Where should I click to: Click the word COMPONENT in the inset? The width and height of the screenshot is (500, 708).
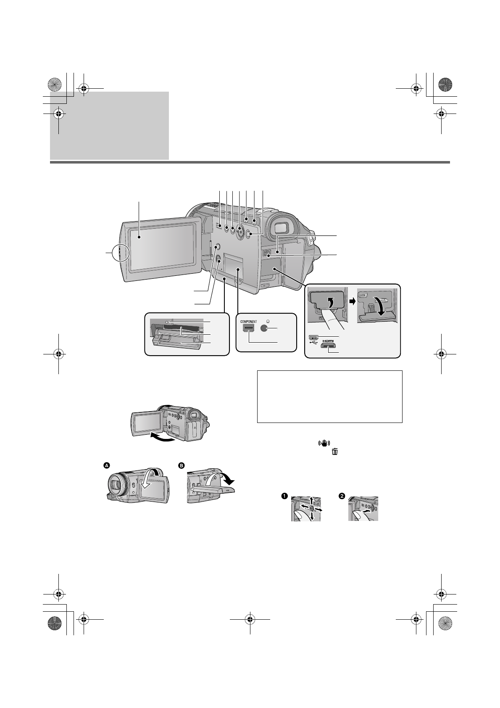click(248, 322)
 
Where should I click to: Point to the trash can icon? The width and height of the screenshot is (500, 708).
click(335, 452)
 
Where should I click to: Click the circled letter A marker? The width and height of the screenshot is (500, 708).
click(107, 465)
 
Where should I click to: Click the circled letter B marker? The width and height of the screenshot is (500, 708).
click(182, 465)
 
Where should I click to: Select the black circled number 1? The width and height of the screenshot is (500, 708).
click(284, 496)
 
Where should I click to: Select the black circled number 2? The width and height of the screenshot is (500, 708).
click(342, 496)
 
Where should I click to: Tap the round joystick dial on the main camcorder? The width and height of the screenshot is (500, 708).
click(239, 230)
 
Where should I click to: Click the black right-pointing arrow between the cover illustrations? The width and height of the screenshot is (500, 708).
click(352, 300)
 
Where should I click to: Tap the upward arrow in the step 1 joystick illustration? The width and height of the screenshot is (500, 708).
click(312, 500)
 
